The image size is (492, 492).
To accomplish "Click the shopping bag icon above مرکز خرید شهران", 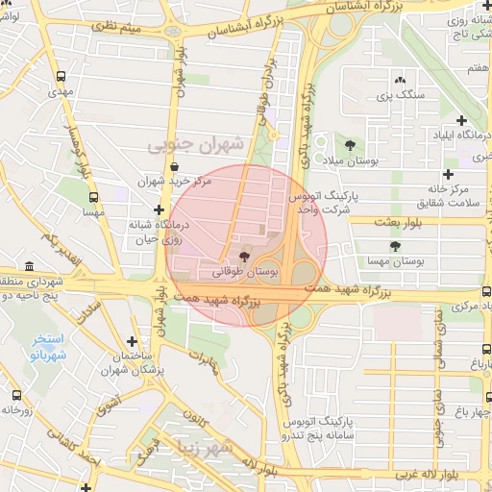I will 173,166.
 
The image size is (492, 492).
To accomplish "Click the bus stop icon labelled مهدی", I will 62,75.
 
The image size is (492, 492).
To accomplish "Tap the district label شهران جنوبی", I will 197,145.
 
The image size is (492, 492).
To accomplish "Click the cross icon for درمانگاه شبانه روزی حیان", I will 159,209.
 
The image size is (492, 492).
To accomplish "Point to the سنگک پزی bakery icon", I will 400,81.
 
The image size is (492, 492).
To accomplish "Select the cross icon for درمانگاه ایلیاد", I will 462,121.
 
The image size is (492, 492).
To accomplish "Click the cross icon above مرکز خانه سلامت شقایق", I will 446,174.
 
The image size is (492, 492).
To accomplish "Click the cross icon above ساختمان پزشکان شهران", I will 132,341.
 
